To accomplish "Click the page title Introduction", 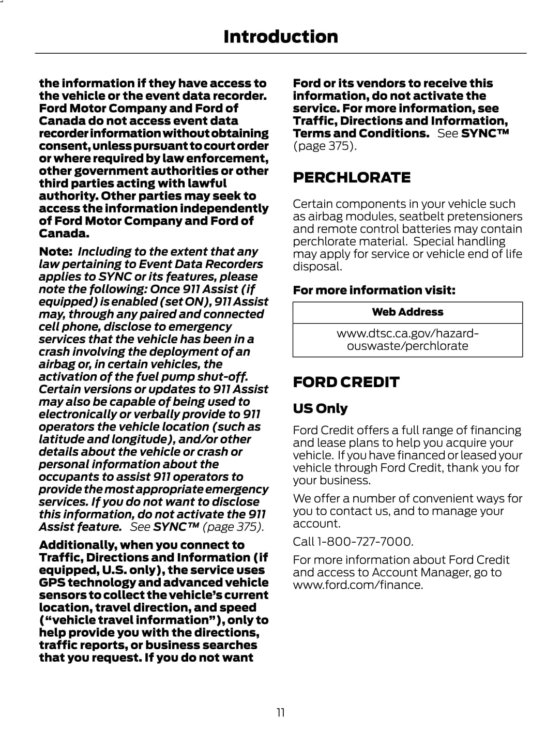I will point(280,37).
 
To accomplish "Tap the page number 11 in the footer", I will point(280,713).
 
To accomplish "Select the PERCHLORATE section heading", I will point(352,178).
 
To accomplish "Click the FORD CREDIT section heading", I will point(346,383).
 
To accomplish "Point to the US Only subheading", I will point(320,408).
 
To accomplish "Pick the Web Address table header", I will point(407,312).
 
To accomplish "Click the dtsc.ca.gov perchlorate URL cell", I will point(407,340).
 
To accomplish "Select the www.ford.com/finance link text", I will point(357,585).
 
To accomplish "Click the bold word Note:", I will point(55,252).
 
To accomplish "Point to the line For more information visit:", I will point(374,291).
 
